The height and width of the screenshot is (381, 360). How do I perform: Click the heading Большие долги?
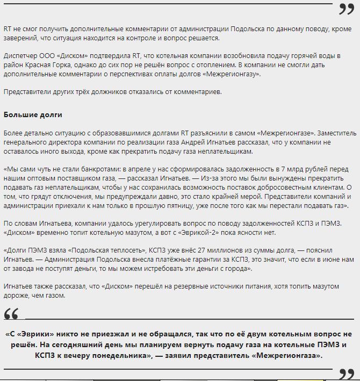(x=33, y=114)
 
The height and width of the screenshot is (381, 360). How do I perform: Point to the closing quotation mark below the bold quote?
(x=346, y=373)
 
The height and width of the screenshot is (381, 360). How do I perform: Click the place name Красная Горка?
(x=49, y=64)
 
